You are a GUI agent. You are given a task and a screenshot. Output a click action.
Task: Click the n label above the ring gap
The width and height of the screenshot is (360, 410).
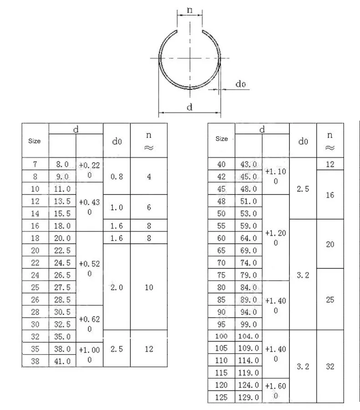coord(190,9)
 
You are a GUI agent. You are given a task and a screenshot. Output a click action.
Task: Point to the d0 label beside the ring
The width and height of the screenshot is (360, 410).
coord(240,84)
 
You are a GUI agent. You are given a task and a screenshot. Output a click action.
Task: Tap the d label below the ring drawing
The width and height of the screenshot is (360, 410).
coord(190,107)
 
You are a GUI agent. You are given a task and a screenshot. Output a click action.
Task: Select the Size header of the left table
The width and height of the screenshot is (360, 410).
coord(35,141)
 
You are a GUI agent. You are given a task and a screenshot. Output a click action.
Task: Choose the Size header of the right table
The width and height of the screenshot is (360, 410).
coord(221,138)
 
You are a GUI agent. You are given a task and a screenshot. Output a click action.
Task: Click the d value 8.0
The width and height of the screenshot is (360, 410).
coord(62,164)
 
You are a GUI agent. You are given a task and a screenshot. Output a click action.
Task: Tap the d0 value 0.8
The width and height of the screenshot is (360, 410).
coord(117,176)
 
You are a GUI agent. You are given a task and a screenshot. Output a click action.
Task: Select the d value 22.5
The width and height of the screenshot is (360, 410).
coord(62,250)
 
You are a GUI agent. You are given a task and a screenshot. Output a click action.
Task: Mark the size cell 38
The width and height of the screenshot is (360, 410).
coord(35,361)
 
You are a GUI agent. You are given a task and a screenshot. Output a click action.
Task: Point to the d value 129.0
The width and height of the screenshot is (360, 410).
coord(248,397)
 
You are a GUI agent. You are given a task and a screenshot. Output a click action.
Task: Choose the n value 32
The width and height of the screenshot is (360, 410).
coord(330,366)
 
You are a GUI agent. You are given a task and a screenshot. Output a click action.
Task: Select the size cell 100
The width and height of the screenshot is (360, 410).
coord(221,336)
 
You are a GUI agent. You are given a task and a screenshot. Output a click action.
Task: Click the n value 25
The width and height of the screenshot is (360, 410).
coord(330,299)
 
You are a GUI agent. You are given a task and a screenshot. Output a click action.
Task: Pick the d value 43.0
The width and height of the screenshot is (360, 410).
coord(248,164)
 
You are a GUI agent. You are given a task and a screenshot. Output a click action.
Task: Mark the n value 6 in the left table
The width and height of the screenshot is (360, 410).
coord(149,207)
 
